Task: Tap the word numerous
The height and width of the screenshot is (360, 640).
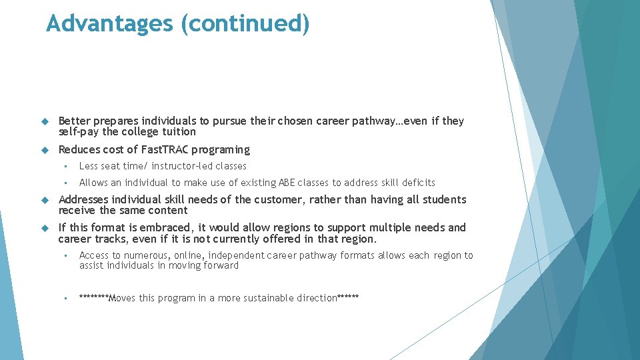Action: [x=146, y=255]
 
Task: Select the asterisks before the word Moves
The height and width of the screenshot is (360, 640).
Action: [x=93, y=297]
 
